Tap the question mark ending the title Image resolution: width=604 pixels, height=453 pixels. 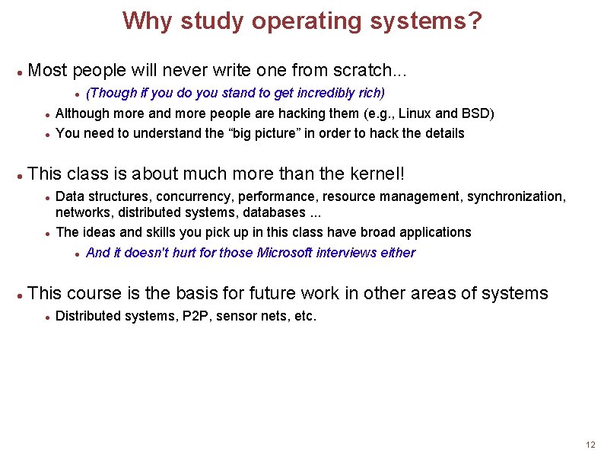click(x=475, y=21)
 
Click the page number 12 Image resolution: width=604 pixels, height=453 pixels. click(x=590, y=445)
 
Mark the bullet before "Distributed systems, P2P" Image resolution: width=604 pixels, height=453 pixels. click(x=47, y=317)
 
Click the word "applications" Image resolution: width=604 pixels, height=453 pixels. click(x=437, y=232)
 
